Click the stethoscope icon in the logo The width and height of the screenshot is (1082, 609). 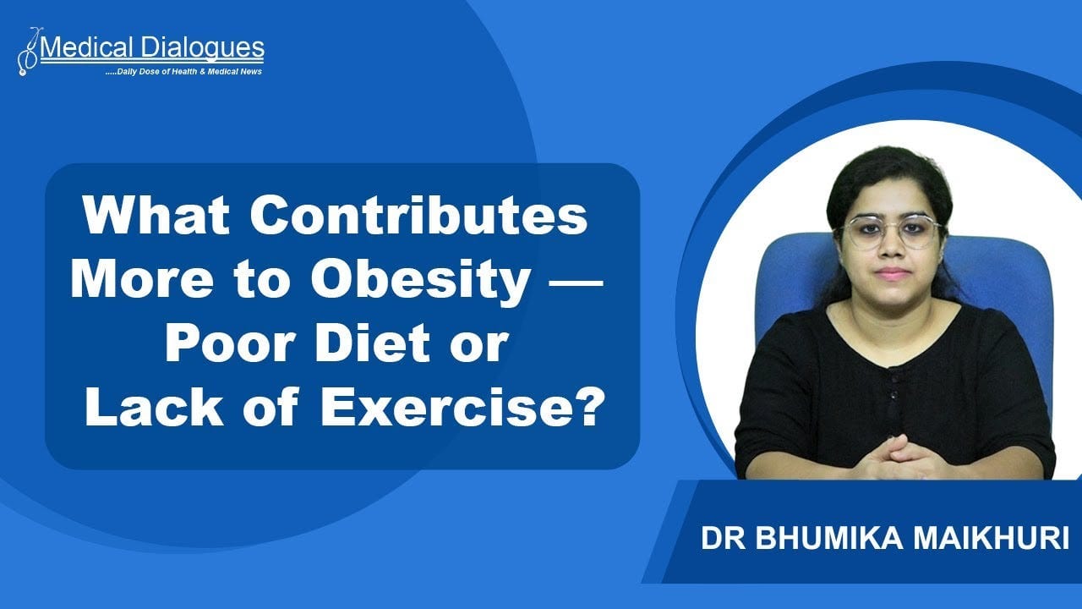point(29,52)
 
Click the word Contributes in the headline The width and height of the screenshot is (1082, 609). point(418,216)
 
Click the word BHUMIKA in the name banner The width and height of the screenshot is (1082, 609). point(829,538)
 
